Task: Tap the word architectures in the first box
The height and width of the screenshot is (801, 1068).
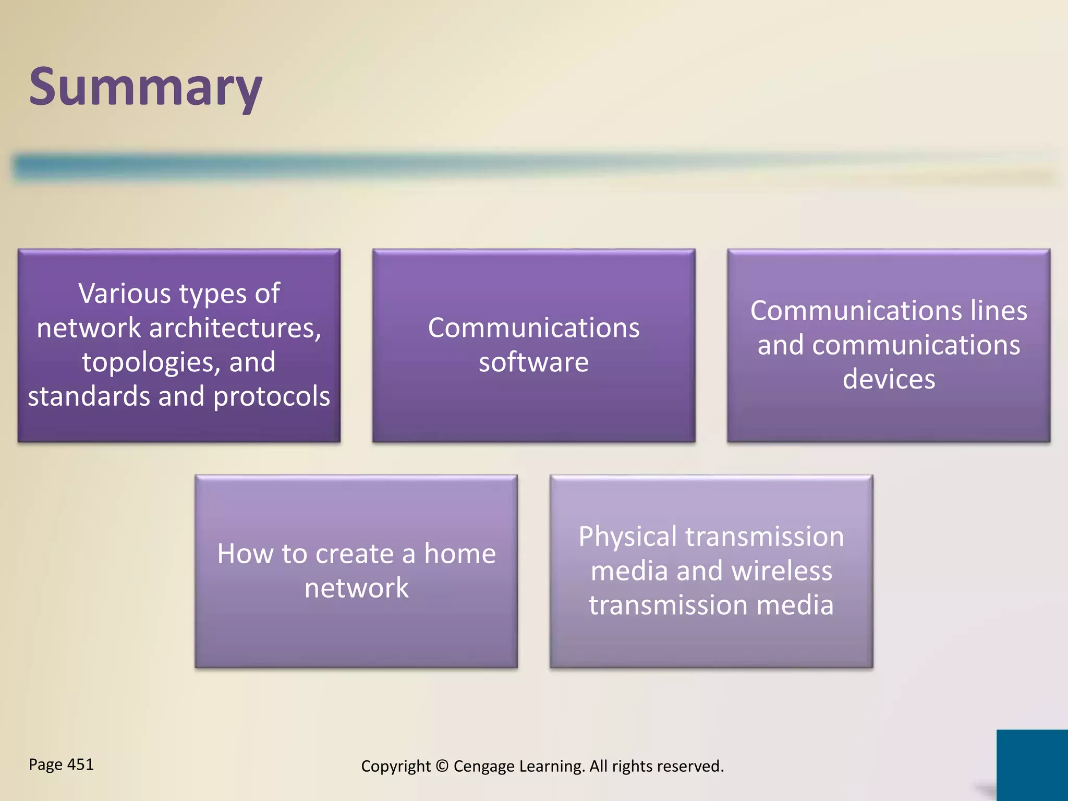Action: pos(235,328)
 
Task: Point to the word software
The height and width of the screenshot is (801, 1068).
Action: pos(533,362)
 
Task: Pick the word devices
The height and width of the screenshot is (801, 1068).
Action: pos(889,379)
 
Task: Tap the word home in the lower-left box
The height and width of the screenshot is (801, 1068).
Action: pos(459,554)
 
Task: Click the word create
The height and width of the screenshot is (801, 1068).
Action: pos(354,554)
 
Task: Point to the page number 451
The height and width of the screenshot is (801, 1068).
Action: pos(80,764)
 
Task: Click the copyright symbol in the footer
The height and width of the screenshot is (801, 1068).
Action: pos(442,766)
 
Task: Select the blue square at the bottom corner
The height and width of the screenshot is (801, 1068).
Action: pos(1031,764)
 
